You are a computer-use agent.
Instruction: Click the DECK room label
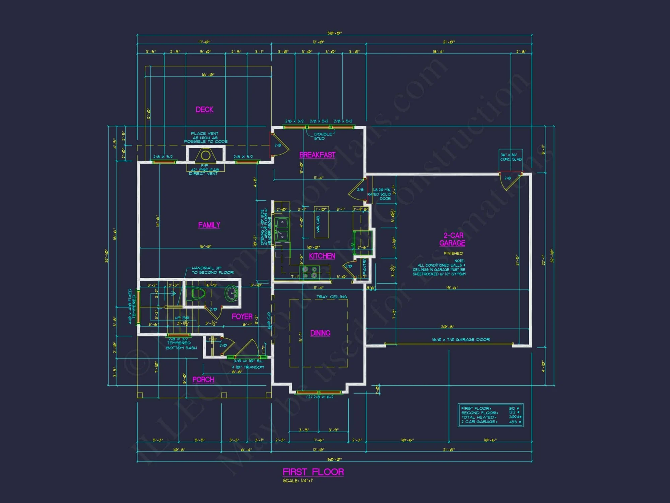[204, 110]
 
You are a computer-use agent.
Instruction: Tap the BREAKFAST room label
[317, 155]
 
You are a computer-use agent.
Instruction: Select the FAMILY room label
[209, 225]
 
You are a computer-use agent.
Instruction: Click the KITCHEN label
[322, 256]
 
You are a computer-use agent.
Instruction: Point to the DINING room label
[320, 333]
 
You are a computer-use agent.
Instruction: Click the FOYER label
[242, 317]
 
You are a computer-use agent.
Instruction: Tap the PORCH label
[203, 380]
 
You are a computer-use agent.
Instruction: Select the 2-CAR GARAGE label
[453, 239]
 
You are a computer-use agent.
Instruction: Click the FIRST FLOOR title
[313, 472]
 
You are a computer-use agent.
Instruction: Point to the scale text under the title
[298, 481]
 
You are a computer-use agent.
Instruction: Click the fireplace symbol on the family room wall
[205, 156]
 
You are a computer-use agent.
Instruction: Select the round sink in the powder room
[231, 294]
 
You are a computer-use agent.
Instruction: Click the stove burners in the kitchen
[310, 272]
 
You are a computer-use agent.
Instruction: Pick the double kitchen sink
[282, 229]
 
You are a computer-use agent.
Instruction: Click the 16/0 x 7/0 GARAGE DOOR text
[461, 340]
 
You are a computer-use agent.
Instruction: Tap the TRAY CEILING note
[331, 297]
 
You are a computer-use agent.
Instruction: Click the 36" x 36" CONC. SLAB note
[511, 157]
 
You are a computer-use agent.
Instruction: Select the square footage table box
[490, 415]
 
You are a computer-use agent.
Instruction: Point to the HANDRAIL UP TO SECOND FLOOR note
[212, 270]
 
